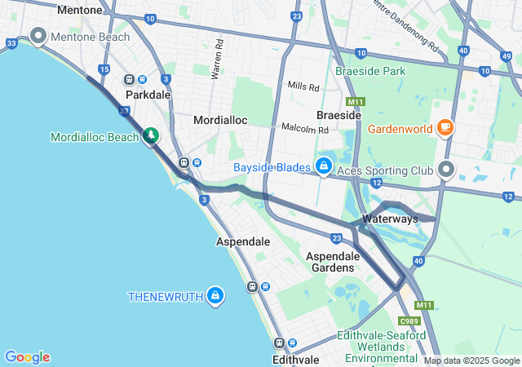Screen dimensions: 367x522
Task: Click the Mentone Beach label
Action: pyautogui.click(x=90, y=37)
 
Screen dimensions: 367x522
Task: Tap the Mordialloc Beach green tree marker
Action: pyautogui.click(x=150, y=135)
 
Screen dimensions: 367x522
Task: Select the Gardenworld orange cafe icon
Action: pyautogui.click(x=445, y=127)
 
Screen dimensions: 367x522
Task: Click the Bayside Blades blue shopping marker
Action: pyautogui.click(x=325, y=167)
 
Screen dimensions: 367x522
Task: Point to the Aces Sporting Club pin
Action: pyautogui.click(x=446, y=170)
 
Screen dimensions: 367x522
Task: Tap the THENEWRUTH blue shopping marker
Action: pyautogui.click(x=215, y=296)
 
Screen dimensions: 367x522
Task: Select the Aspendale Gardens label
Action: pyautogui.click(x=330, y=262)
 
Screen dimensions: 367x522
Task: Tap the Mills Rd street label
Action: pyautogui.click(x=303, y=86)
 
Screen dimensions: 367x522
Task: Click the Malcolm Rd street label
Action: pyautogui.click(x=304, y=129)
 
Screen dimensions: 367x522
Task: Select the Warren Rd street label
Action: pyautogui.click(x=217, y=62)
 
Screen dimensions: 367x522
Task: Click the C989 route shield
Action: pyautogui.click(x=409, y=321)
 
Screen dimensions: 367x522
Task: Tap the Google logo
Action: pyautogui.click(x=28, y=357)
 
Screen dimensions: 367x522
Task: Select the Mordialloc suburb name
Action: pyautogui.click(x=219, y=120)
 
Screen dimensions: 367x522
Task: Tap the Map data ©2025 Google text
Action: pyautogui.click(x=471, y=360)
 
